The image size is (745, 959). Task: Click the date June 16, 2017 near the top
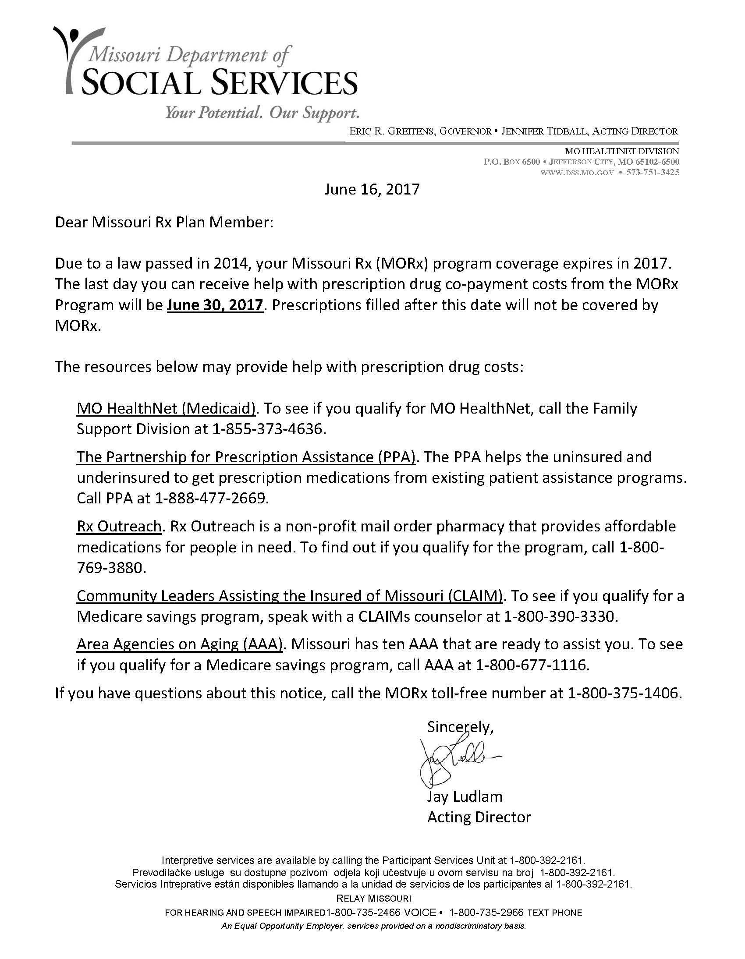coord(372,189)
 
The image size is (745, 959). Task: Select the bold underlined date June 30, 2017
coord(215,305)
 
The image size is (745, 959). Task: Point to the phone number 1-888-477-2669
coord(211,499)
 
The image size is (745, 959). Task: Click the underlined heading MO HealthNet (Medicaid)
coord(166,408)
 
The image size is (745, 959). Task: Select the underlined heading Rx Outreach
coord(119,526)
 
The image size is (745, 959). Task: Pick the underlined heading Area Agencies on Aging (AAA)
coord(179,644)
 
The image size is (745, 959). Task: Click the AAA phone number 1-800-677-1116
coord(532,665)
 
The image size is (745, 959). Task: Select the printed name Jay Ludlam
coord(464,796)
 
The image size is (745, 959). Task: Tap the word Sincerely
coord(460,727)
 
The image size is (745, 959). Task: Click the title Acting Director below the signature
coord(479,817)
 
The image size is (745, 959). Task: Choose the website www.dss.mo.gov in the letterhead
coord(577,173)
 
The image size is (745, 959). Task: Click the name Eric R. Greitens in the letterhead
coord(391,131)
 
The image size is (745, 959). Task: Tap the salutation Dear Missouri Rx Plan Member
coord(164,222)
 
